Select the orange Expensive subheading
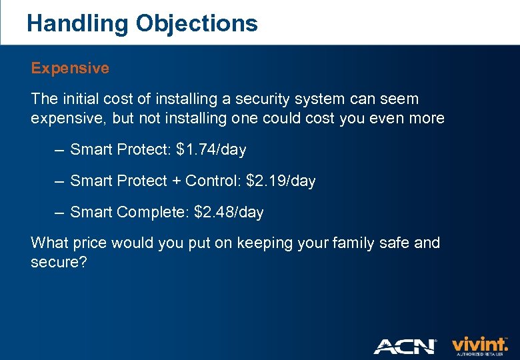click(70, 68)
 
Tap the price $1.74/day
click(211, 150)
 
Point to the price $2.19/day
click(281, 181)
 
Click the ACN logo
click(405, 346)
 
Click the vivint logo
click(480, 345)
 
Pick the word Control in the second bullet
click(213, 181)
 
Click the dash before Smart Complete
click(59, 213)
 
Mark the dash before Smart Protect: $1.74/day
click(59, 150)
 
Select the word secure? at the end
click(59, 262)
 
